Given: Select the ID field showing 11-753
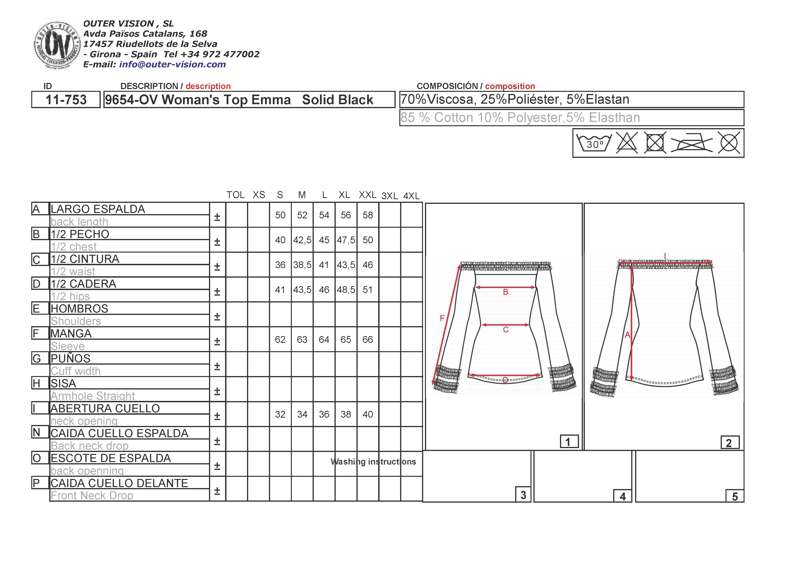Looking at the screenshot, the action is pos(66,100).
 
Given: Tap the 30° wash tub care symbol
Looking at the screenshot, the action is pos(594,142).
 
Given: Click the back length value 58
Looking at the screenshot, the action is pos(368,215).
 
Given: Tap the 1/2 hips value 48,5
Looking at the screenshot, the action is pos(346,290).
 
